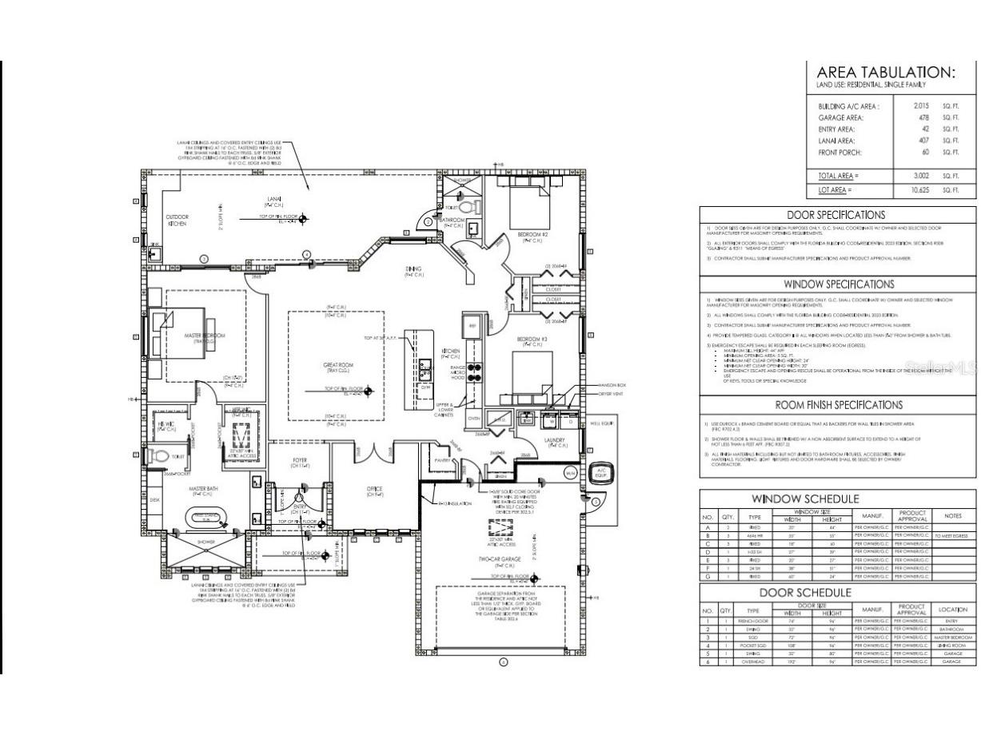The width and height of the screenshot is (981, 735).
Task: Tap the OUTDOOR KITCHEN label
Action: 177,220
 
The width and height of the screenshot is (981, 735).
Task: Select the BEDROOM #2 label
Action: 532,236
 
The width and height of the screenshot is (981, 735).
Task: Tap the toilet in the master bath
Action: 160,457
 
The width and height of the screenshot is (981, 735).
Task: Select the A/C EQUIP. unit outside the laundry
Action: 602,473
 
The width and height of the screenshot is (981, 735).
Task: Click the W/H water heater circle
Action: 571,473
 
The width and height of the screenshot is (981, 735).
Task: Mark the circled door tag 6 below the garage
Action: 503,661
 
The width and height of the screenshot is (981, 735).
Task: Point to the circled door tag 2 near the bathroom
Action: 429,221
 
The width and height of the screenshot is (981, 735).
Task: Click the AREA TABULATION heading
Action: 885,73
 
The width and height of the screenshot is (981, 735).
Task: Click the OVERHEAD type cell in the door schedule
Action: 753,661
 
